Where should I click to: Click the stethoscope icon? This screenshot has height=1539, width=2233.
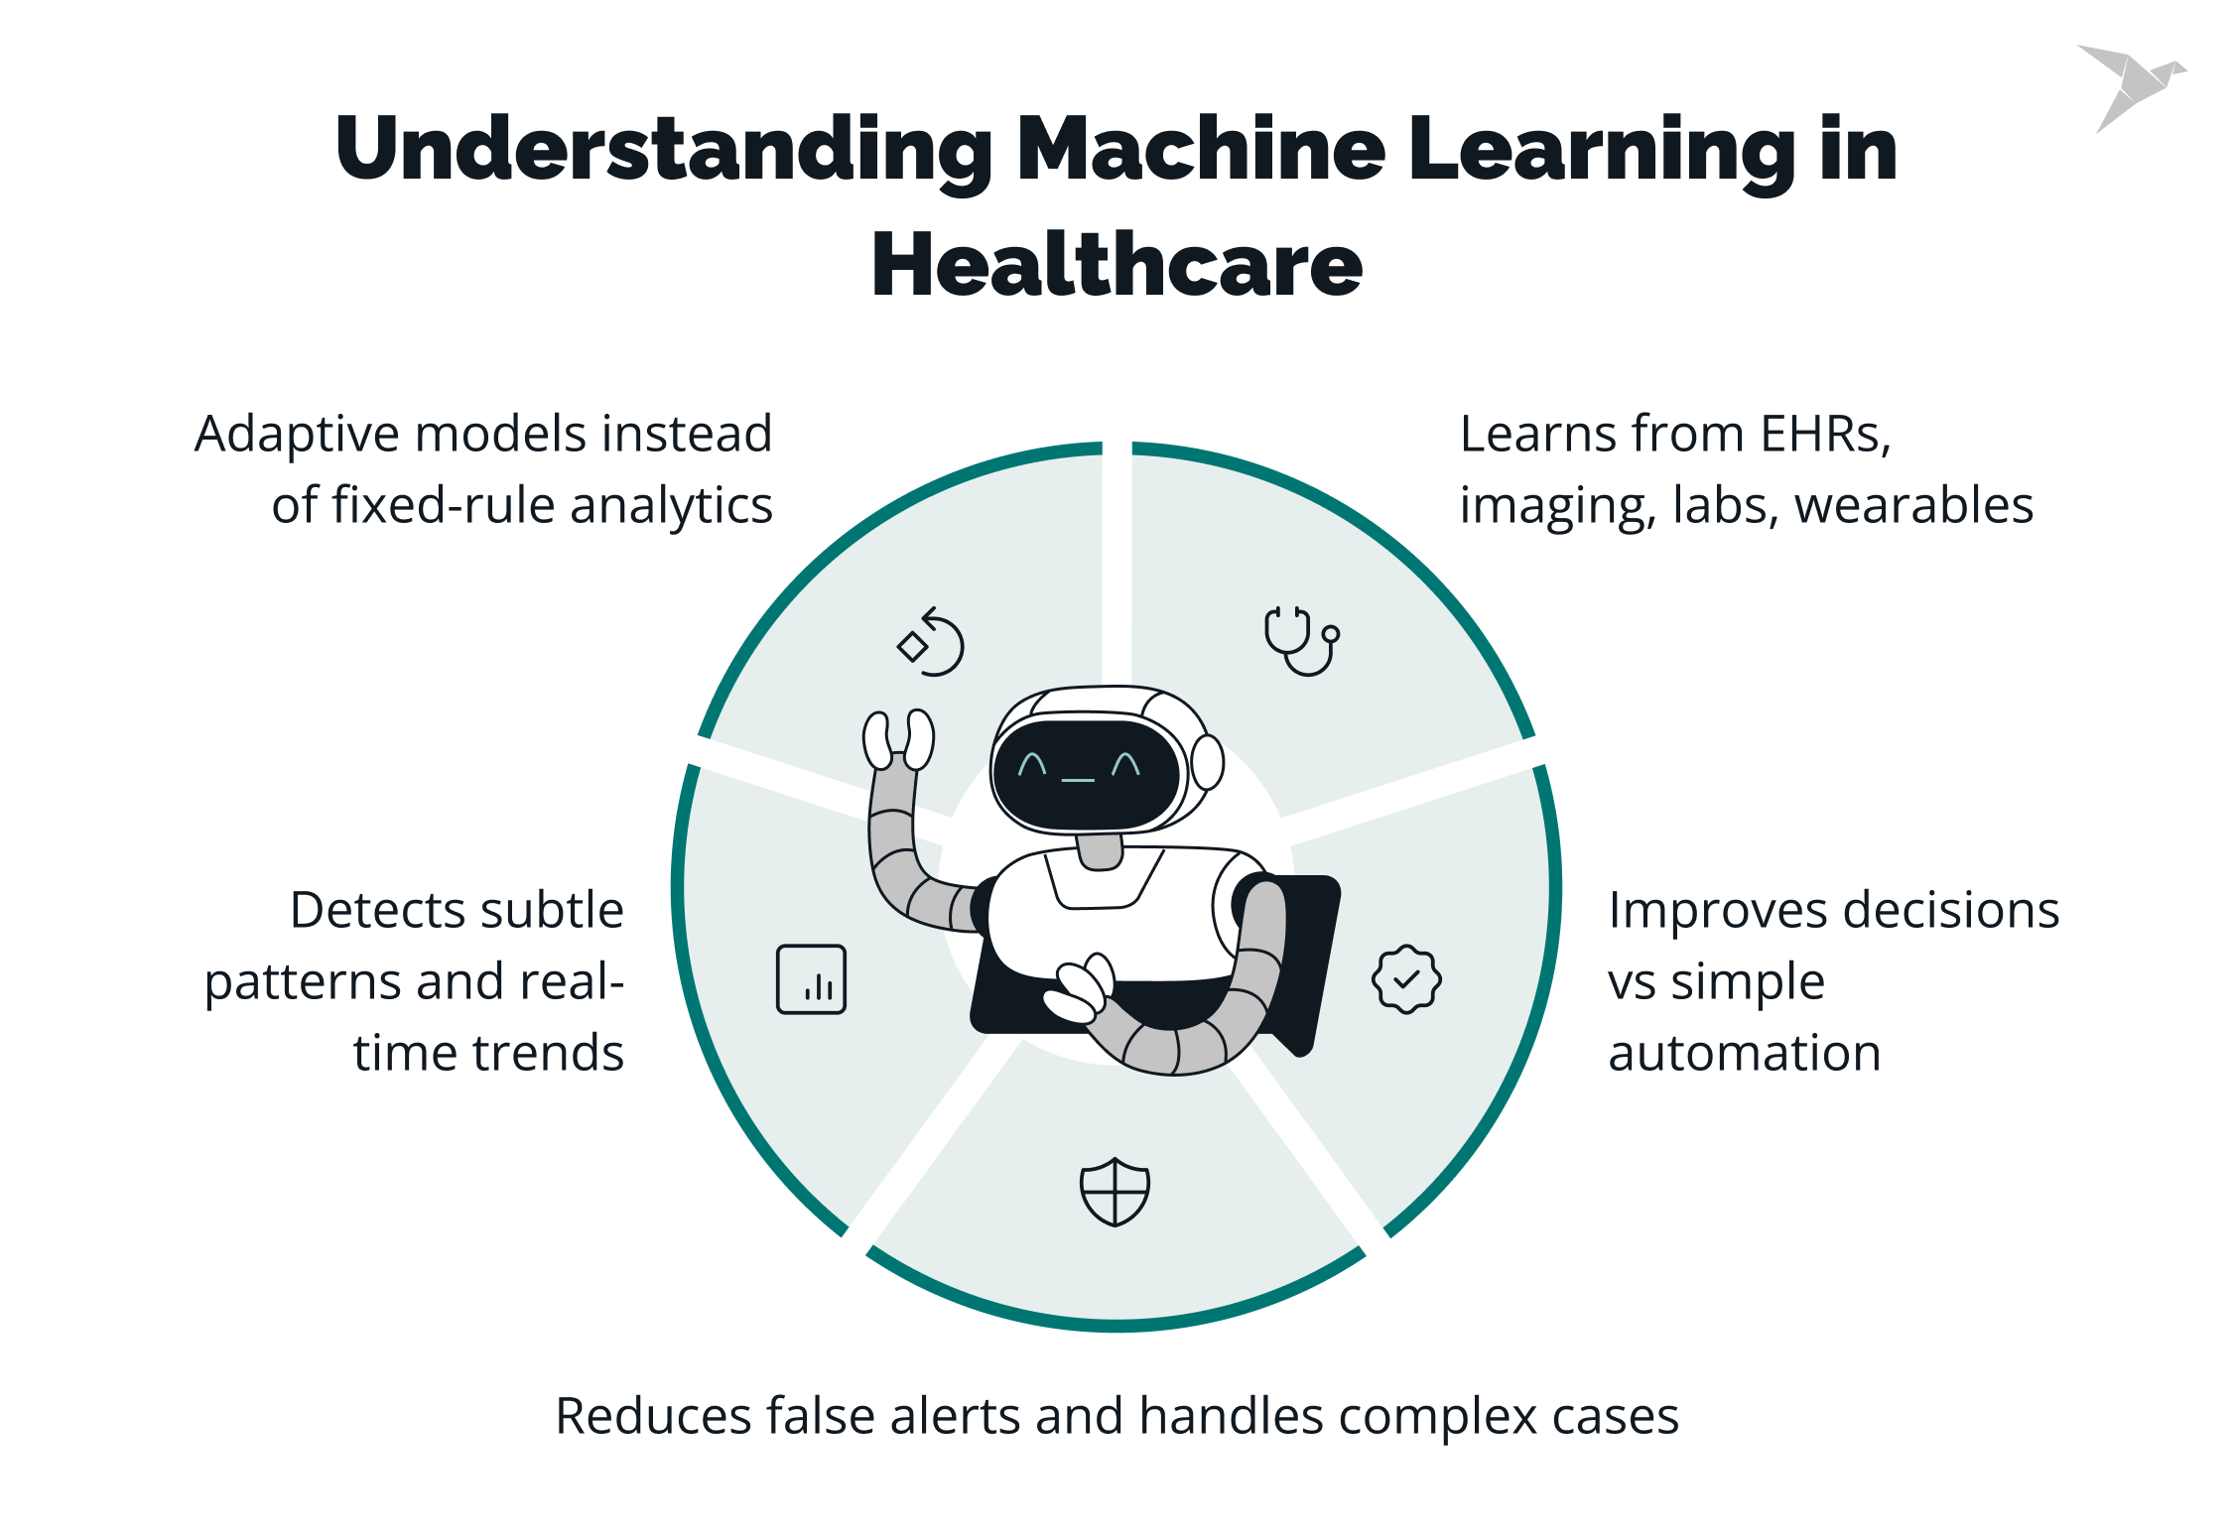[x=1301, y=641]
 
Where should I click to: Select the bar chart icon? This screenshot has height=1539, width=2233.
[x=811, y=979]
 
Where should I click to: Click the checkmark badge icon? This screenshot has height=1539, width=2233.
[x=1406, y=979]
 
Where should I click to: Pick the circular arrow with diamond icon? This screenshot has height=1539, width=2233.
[x=931, y=642]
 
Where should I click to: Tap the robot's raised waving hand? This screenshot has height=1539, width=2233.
[x=898, y=739]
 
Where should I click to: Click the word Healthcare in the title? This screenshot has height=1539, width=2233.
[x=1116, y=264]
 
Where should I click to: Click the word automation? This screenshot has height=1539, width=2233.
[x=1744, y=1053]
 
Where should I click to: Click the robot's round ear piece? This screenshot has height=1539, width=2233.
[x=1208, y=762]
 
